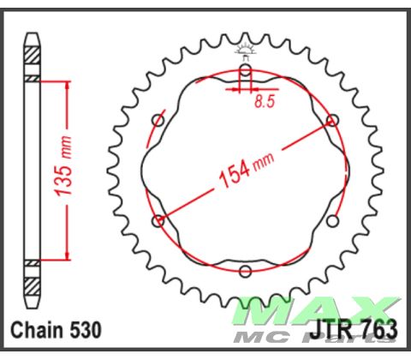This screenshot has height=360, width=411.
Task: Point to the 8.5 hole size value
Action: pyautogui.click(x=265, y=103)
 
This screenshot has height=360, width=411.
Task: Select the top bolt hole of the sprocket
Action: pyautogui.click(x=246, y=70)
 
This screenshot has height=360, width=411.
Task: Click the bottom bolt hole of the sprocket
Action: pyautogui.click(x=246, y=273)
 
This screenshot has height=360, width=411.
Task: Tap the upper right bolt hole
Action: pyautogui.click(x=333, y=121)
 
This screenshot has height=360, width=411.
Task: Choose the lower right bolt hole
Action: pyautogui.click(x=333, y=222)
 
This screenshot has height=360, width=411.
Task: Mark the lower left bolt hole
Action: pyautogui.click(x=158, y=222)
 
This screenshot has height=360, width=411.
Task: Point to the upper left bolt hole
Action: pyautogui.click(x=158, y=121)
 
